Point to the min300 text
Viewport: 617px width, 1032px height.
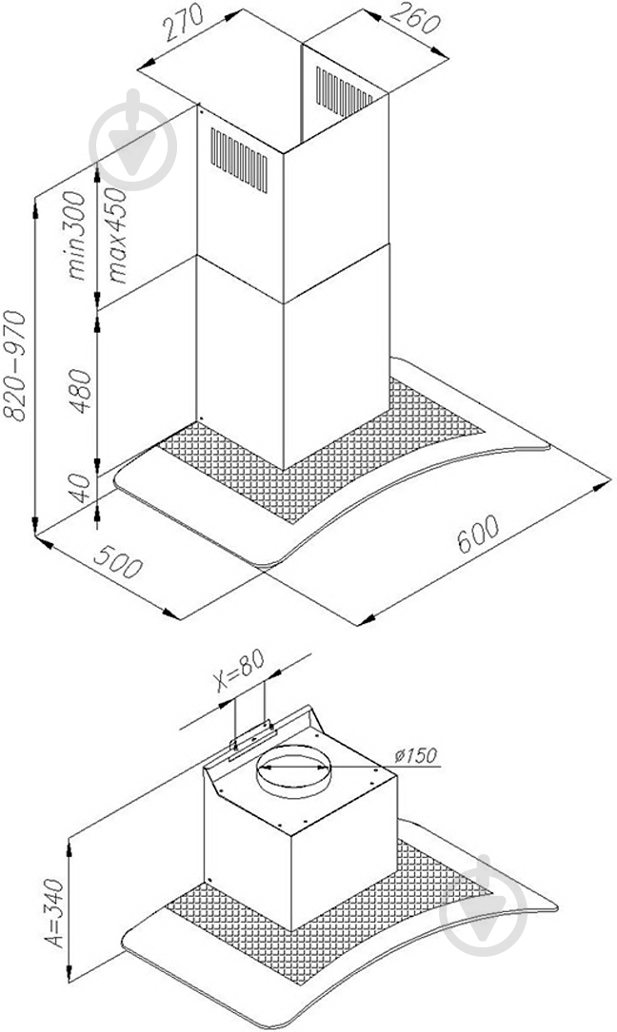point(76,235)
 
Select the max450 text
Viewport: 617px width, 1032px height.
point(115,235)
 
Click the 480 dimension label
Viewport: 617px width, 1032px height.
point(80,390)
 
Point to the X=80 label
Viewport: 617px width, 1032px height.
point(241,672)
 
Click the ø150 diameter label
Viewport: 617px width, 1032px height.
point(415,754)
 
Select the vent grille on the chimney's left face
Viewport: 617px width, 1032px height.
point(239,160)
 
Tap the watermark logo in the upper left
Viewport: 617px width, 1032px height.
point(134,140)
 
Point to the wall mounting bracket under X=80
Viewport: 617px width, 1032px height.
point(251,740)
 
